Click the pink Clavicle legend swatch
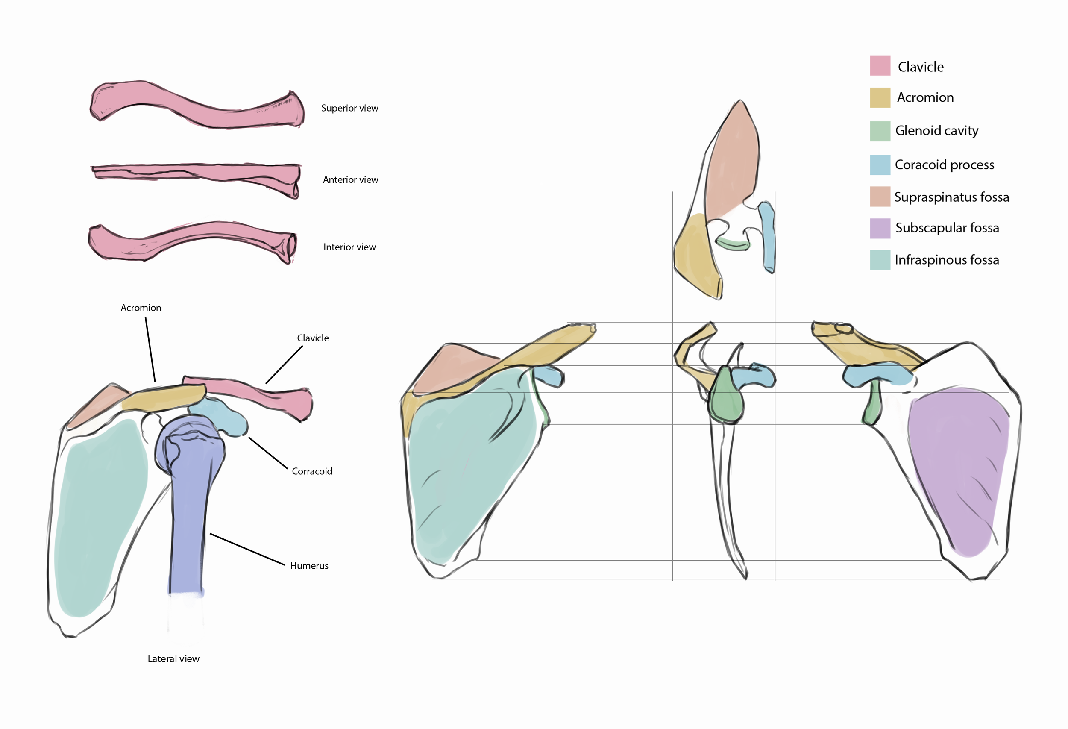coord(880,65)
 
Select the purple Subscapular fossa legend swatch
coord(880,229)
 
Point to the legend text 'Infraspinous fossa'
coord(947,260)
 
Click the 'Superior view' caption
coord(350,108)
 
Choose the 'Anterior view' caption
coord(351,180)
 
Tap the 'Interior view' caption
coord(350,247)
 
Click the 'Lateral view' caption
coord(174,658)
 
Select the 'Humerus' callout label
coord(309,566)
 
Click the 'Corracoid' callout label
coord(312,472)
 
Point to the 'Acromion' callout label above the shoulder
coord(141,308)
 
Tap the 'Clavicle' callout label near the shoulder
coord(313,338)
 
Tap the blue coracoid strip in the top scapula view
coord(766,237)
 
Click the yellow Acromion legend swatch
coord(880,97)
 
